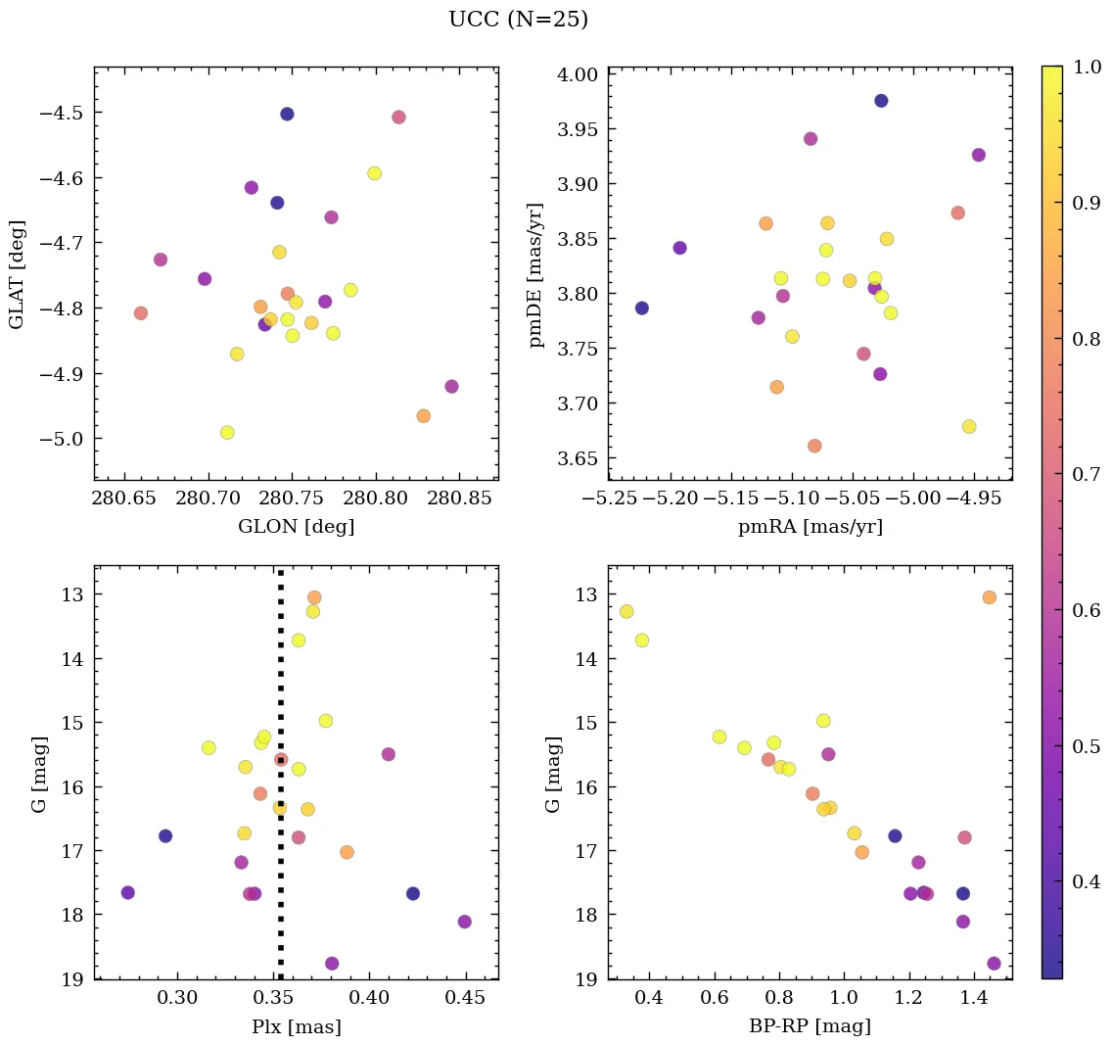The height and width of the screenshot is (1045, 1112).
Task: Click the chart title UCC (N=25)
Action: (x=518, y=20)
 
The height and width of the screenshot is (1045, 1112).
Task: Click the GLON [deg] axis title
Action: (x=296, y=527)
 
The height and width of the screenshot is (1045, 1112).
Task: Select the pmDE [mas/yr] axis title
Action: (x=535, y=274)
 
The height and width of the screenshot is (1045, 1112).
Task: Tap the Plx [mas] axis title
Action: (x=296, y=1026)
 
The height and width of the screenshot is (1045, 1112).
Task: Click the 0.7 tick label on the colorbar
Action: (x=1085, y=475)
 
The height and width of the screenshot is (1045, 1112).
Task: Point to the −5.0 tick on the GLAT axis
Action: (x=59, y=439)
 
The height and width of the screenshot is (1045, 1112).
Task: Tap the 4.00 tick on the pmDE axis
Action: (x=576, y=74)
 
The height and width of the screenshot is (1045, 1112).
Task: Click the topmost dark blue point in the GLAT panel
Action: (x=287, y=114)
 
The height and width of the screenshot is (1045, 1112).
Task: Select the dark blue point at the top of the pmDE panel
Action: (x=881, y=101)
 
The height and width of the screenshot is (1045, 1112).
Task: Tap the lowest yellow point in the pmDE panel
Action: (x=969, y=426)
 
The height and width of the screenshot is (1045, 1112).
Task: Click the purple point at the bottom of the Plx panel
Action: (x=332, y=964)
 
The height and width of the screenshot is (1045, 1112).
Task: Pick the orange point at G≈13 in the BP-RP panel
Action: (x=990, y=597)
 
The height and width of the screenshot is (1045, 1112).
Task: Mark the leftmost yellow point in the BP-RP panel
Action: (x=626, y=611)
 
